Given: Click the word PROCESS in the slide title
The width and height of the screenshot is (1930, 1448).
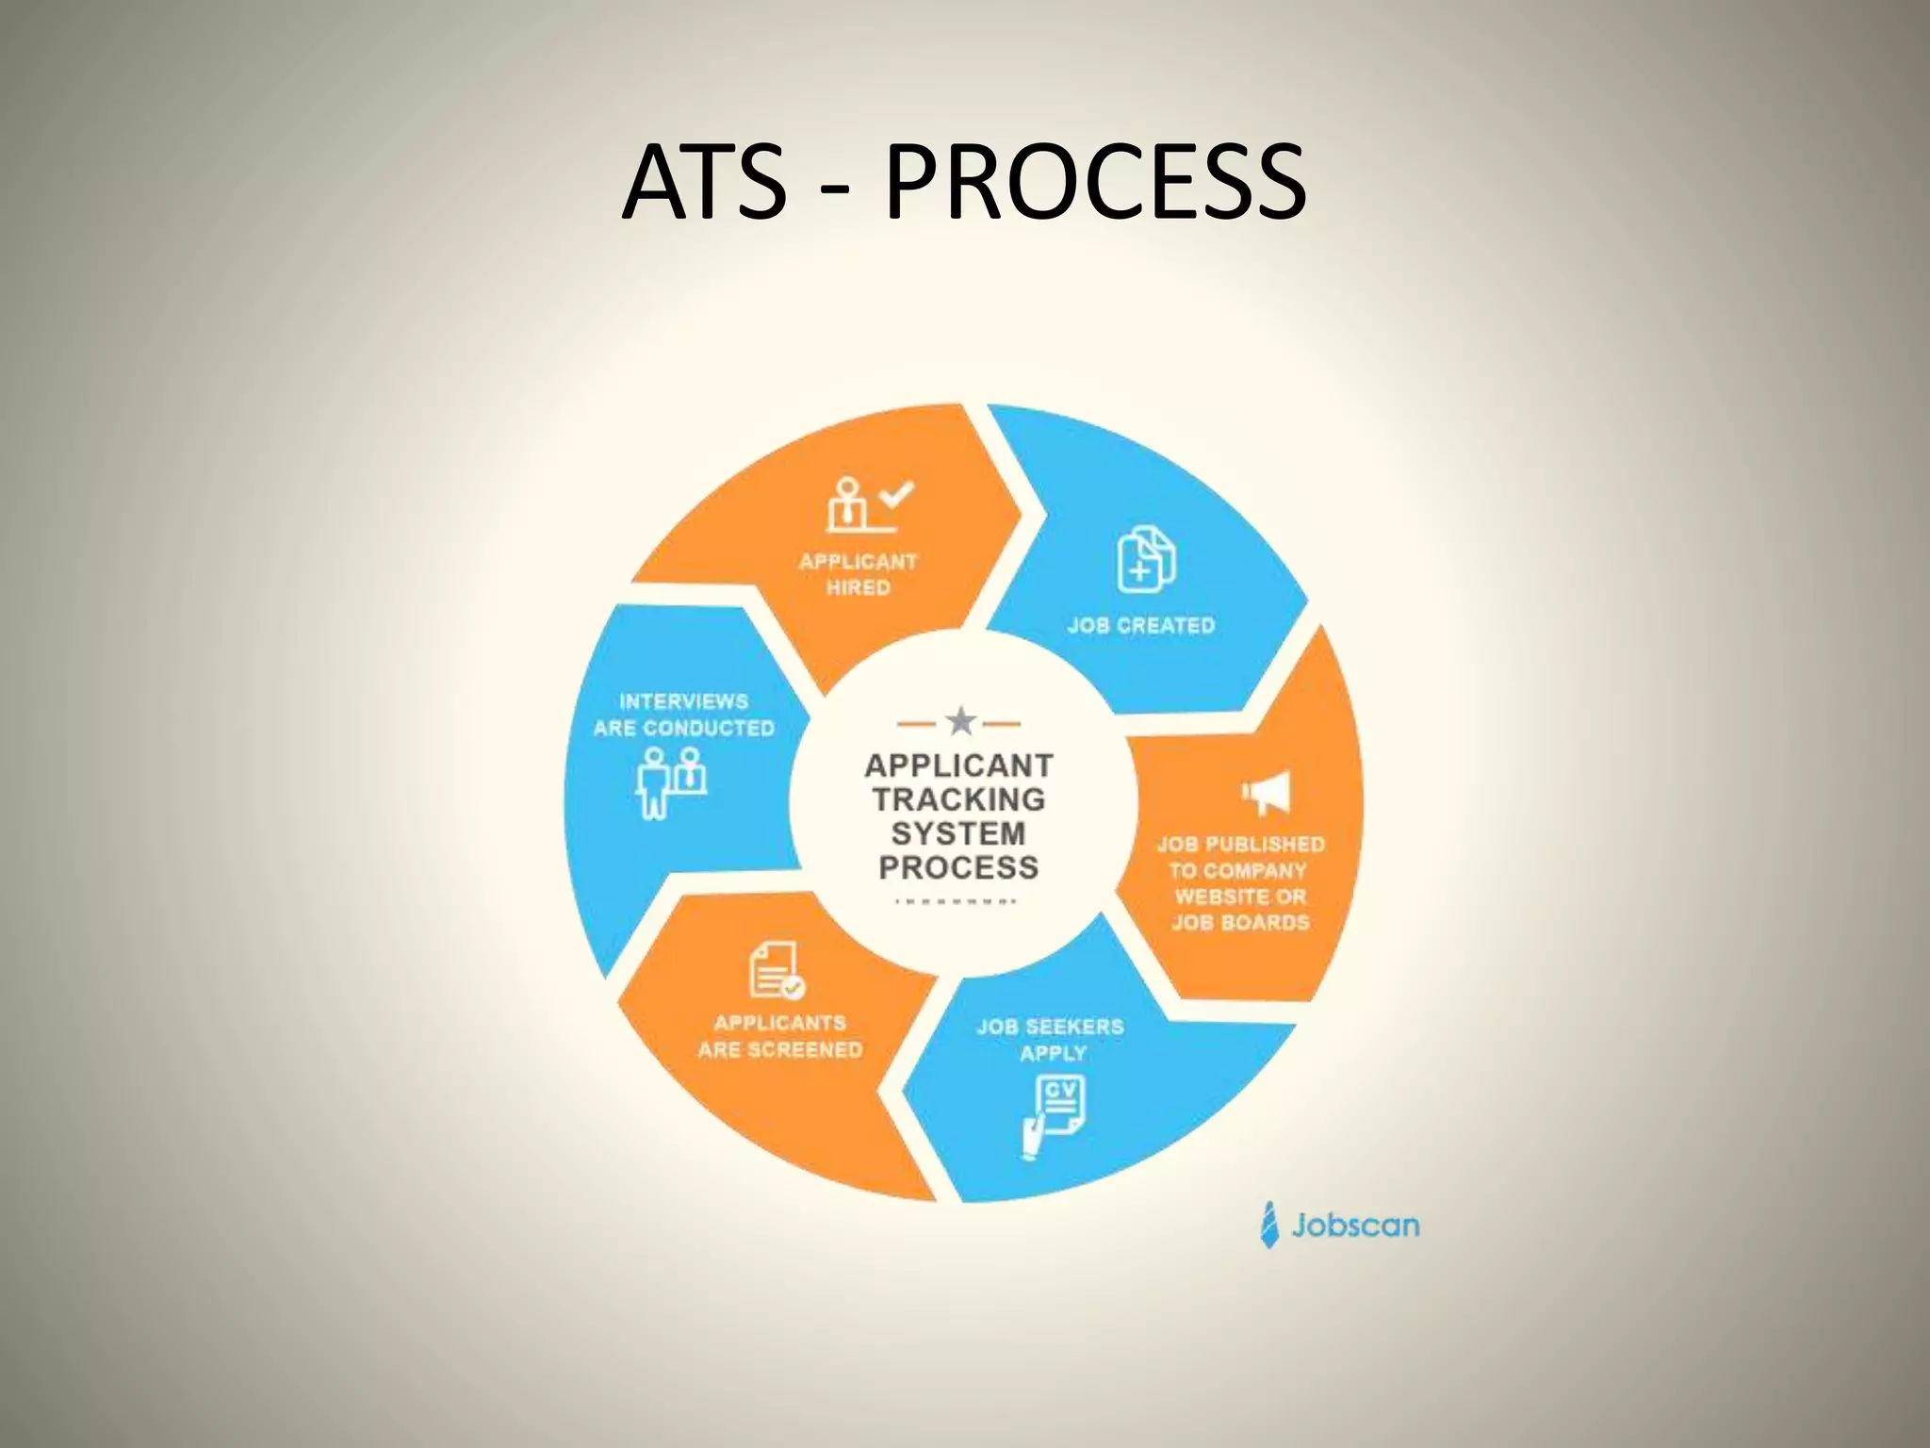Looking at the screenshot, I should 1095,181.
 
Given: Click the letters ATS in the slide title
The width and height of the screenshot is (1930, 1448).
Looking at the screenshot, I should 704,181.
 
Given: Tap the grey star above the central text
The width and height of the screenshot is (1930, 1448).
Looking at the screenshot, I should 960,722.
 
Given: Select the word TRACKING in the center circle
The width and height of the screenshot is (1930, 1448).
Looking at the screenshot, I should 958,799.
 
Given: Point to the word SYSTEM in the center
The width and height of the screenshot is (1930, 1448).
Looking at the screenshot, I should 958,833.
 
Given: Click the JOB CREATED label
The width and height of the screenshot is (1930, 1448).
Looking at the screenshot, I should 1141,625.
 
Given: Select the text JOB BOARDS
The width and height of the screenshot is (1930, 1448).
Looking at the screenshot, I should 1240,922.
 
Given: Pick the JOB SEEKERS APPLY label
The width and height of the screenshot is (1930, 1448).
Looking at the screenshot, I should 1051,1039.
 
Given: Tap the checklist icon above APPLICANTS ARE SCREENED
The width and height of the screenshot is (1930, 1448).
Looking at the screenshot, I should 776,971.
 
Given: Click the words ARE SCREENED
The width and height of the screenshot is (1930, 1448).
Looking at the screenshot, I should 780,1049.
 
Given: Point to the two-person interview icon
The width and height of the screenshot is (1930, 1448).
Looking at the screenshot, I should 671,782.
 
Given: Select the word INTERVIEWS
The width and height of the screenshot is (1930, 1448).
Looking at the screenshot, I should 683,701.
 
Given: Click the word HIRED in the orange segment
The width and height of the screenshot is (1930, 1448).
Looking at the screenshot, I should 858,587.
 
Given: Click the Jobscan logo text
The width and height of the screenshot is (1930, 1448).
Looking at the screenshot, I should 1355,1226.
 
